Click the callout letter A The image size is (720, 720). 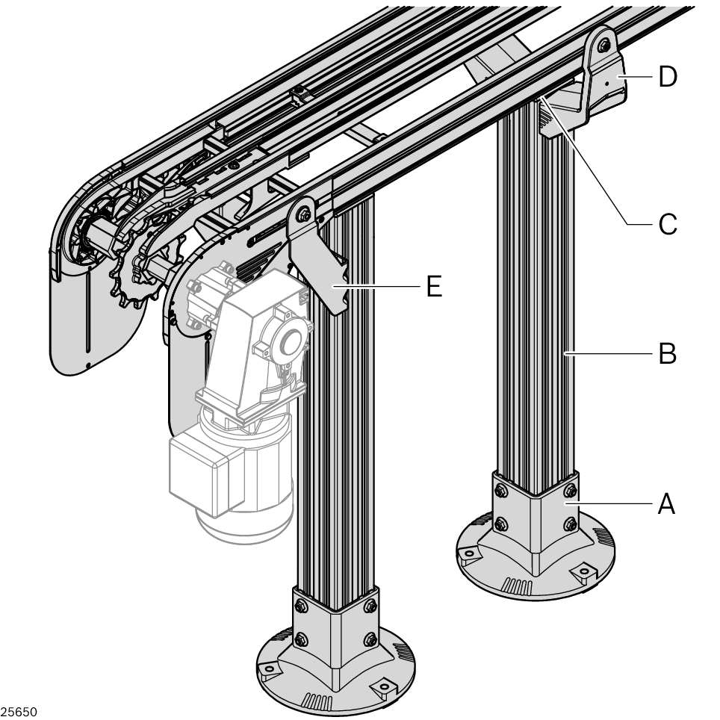(667, 503)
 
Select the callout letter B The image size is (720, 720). (667, 353)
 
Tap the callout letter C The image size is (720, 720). (668, 224)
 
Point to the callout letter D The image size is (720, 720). (668, 76)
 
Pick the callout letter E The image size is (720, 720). (434, 286)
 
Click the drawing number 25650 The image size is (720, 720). (19, 712)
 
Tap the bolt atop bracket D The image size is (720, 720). (603, 46)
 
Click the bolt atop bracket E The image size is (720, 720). (303, 214)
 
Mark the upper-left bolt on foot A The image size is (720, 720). (501, 491)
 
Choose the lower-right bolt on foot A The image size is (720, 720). (571, 524)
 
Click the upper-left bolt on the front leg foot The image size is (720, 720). (301, 606)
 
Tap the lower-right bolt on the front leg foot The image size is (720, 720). (370, 639)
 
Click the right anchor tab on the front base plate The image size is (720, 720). (384, 687)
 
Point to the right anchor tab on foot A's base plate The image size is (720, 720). (583, 572)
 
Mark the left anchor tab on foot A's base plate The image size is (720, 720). (468, 553)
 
